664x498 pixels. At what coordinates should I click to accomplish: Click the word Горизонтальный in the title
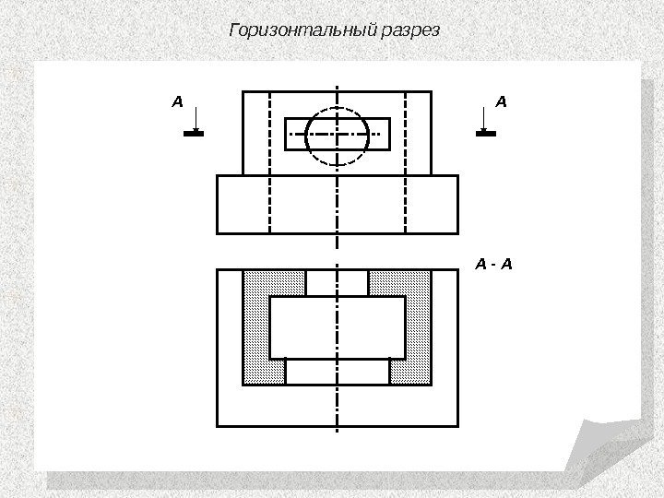pyautogui.click(x=301, y=30)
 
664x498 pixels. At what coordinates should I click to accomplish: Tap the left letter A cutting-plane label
pyautogui.click(x=178, y=100)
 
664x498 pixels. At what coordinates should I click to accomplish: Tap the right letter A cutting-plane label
pyautogui.click(x=501, y=100)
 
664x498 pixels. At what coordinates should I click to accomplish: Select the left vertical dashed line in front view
pyautogui.click(x=270, y=203)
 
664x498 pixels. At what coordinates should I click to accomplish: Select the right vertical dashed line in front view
pyautogui.click(x=406, y=203)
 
